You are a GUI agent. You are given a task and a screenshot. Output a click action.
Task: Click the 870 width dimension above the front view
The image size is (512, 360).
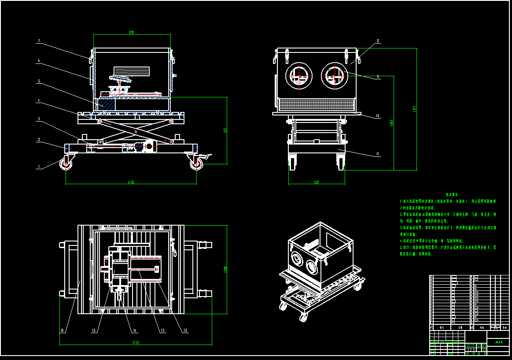coord(131,33)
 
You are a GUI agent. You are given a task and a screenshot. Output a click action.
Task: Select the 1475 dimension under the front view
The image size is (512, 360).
coord(131,182)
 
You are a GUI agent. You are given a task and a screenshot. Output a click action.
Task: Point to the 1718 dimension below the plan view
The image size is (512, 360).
coord(136,342)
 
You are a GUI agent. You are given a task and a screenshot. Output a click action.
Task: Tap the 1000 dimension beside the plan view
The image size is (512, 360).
coord(225,269)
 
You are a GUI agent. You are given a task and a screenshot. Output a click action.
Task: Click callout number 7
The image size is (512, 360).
coord(39,41)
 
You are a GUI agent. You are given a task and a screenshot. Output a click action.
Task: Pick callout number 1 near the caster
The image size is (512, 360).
coord(39,167)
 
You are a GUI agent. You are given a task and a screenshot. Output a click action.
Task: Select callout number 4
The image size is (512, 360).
coord(39,100)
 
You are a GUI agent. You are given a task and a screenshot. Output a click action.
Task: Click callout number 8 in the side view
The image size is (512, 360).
coord(378,41)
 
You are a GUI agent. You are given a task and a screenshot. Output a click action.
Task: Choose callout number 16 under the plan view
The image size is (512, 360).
coord(62,330)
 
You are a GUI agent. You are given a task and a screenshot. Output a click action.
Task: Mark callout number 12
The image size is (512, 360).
coord(185,330)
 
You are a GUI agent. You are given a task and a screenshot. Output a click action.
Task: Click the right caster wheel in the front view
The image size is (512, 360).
coord(197,164)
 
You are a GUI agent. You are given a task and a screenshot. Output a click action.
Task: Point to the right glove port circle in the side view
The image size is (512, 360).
coord(335,75)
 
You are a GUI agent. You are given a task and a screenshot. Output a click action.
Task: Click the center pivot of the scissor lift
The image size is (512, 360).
coord(136,131)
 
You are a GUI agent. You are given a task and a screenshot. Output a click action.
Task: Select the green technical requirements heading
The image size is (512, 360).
coord(452,194)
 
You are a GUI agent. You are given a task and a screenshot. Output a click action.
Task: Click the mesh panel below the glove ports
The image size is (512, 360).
coord(317,104)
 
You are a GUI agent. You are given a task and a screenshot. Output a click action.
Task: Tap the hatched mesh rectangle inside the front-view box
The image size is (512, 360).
coord(132,70)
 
